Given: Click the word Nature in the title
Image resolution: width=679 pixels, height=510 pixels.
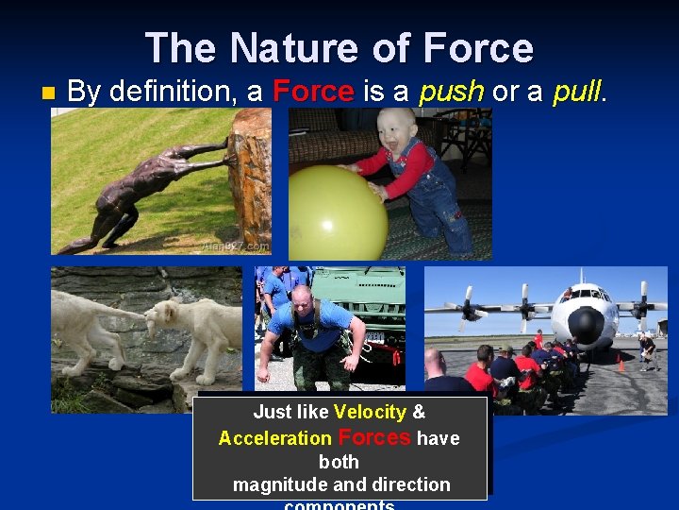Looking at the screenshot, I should tap(306, 48).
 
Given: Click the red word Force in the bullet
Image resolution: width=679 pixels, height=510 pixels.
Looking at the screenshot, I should tap(313, 92).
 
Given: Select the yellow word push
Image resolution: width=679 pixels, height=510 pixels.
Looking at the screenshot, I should tap(451, 92).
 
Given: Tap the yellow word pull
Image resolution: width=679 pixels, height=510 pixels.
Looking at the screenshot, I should tap(577, 92).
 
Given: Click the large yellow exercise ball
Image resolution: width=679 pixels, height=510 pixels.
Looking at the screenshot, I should tap(337, 212).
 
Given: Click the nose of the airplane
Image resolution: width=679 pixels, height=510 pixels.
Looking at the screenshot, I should tap(584, 326).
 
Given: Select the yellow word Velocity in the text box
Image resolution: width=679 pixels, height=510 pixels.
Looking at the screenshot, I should tap(370, 413).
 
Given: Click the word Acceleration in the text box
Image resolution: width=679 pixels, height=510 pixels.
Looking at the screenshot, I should tap(274, 438).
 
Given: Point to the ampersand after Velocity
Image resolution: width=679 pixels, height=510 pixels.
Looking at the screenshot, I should tap(419, 413).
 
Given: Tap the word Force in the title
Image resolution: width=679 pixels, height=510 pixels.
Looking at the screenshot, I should tap(478, 48).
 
